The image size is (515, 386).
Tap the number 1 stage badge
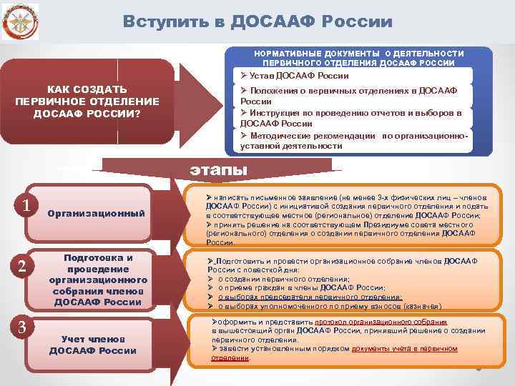(x=26, y=206)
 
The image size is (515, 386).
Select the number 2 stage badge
(x=21, y=267)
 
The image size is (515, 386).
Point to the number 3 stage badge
(x=22, y=327)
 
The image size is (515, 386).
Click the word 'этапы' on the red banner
(x=218, y=170)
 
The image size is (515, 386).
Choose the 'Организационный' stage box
(x=96, y=214)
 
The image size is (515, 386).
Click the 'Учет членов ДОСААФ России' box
(x=93, y=344)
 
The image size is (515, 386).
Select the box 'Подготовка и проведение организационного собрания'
(x=98, y=279)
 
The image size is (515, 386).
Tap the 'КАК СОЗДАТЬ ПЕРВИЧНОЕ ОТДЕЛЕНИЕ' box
(x=87, y=101)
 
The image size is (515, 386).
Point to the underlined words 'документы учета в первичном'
(x=404, y=348)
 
